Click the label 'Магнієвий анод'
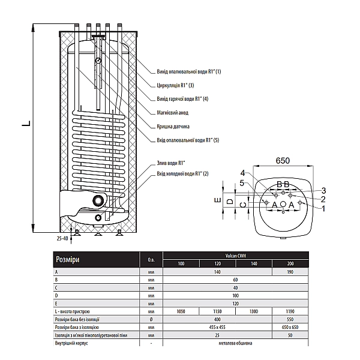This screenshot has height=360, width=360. tap(173, 112)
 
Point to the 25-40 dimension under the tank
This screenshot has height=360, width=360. tap(62, 238)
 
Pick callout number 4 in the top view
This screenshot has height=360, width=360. tap(243, 173)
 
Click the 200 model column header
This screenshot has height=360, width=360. tap(289, 264)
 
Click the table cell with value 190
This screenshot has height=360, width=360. tap(289, 272)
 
